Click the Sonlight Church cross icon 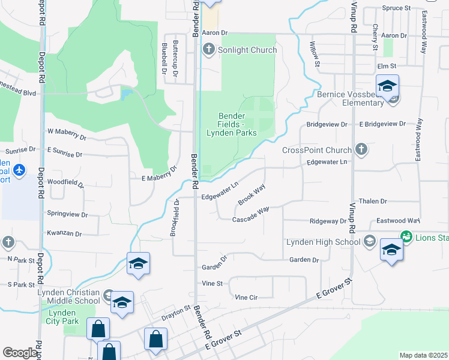click(x=209, y=49)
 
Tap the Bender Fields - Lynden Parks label click(x=232, y=124)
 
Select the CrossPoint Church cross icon click(x=361, y=149)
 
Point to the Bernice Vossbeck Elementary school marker click(x=387, y=86)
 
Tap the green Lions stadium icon click(x=406, y=237)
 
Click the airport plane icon click(x=19, y=171)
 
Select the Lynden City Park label click(x=61, y=317)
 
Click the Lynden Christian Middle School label click(x=68, y=296)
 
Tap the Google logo click(x=20, y=353)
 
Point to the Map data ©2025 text click(x=423, y=355)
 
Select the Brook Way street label click(x=251, y=196)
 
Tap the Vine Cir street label click(x=246, y=297)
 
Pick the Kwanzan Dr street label click(x=64, y=232)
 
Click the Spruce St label click(x=396, y=8)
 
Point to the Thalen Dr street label click(x=372, y=202)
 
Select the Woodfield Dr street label click(x=62, y=181)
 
